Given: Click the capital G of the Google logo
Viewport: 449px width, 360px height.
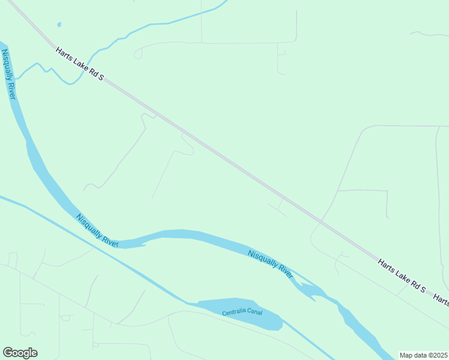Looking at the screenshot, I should pos(8,353).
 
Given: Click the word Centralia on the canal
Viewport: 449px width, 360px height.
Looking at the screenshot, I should pos(234,313).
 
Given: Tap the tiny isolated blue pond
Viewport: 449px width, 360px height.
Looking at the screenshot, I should pos(59,25).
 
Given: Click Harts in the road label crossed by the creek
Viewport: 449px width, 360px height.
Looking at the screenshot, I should pos(64,54).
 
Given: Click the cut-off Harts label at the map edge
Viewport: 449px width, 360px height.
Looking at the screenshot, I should pos(441,298).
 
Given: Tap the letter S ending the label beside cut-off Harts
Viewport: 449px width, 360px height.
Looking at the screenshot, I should pos(423,290).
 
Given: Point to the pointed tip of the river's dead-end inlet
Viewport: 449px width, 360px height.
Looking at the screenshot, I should pos(145,244).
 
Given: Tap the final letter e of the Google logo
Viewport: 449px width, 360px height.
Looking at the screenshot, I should pos(34,353).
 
